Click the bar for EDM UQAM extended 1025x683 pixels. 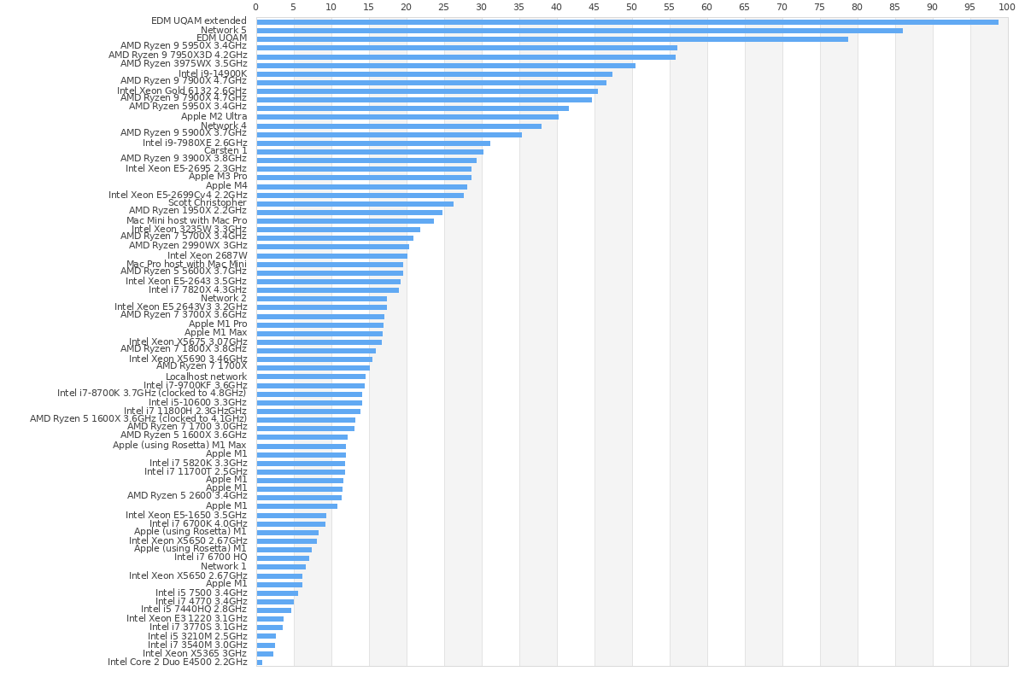click(627, 21)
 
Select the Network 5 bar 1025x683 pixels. click(579, 30)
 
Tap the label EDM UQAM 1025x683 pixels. click(221, 38)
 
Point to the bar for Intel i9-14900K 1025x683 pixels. click(434, 73)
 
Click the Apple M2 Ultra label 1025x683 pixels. click(214, 117)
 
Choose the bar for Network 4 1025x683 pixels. click(399, 126)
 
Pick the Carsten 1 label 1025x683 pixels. click(225, 151)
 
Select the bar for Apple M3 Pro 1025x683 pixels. click(364, 178)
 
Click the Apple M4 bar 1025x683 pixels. click(361, 186)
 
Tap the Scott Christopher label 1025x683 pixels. click(208, 203)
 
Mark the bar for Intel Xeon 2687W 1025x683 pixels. click(331, 255)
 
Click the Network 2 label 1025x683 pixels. click(224, 299)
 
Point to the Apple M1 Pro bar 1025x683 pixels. click(319, 324)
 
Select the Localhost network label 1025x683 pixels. click(206, 377)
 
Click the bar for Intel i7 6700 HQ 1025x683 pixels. click(283, 558)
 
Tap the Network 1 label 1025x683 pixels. click(224, 567)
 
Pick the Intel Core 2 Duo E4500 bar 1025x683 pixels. click(259, 662)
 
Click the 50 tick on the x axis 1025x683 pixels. click(632, 7)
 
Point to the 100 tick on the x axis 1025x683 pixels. click(1008, 7)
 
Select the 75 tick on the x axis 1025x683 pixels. click(820, 7)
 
